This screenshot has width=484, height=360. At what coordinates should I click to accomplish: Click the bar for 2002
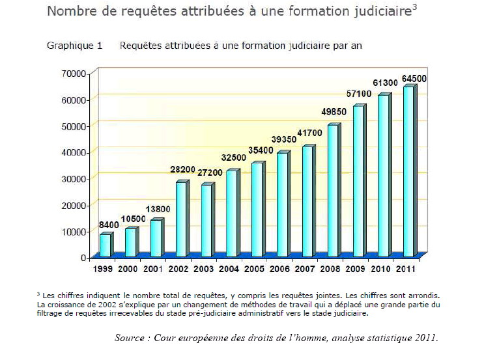(x=181, y=219)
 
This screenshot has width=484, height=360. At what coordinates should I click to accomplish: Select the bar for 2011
(x=408, y=171)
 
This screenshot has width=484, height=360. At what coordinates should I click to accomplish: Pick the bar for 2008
(x=332, y=190)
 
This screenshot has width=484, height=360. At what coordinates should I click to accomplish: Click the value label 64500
(x=414, y=79)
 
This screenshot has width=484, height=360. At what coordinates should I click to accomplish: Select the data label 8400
(x=109, y=225)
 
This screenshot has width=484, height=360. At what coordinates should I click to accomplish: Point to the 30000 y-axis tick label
(x=74, y=178)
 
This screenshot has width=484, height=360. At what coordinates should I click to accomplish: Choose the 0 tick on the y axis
(x=83, y=258)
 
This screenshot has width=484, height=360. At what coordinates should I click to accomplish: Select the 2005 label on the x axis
(x=254, y=268)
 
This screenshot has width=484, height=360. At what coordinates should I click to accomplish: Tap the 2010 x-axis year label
(x=381, y=268)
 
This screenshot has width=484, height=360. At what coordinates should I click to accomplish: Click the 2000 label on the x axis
(x=128, y=268)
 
